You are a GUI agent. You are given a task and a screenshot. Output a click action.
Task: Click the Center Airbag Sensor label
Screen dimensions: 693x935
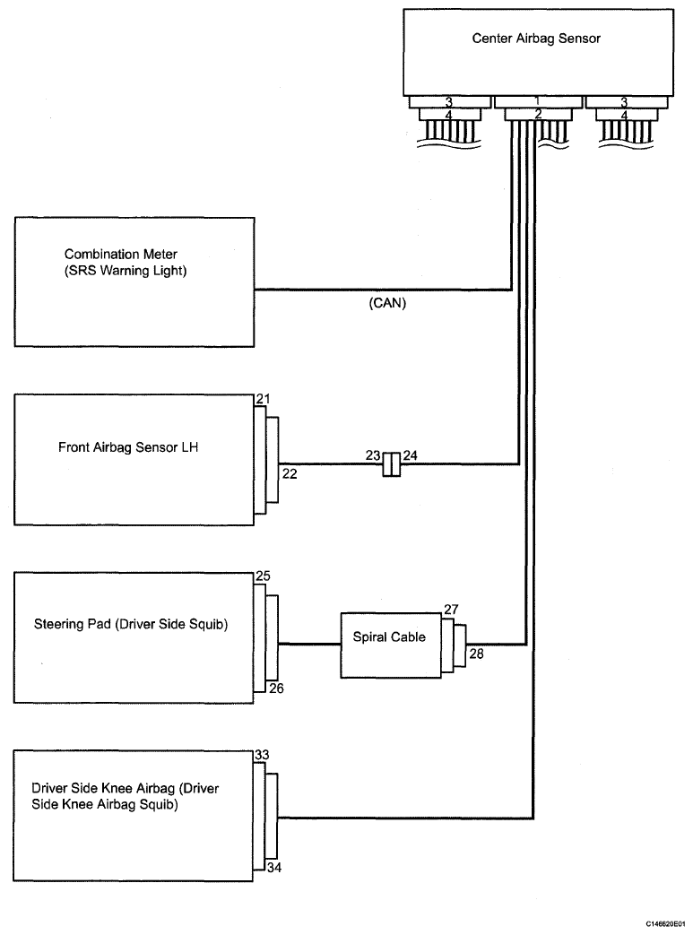[536, 39]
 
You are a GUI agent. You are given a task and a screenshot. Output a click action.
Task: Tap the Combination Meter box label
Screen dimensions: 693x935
[126, 263]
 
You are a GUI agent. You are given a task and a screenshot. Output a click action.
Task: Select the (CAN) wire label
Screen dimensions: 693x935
[387, 303]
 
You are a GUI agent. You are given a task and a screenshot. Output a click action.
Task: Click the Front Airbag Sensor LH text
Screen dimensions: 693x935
[128, 447]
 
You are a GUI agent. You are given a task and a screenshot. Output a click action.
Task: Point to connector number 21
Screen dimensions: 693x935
[263, 399]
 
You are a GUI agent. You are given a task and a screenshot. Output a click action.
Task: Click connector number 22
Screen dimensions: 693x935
[290, 473]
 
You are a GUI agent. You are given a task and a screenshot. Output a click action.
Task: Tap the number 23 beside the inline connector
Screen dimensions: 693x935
[373, 455]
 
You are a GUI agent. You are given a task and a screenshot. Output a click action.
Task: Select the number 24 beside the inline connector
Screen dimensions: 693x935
[411, 455]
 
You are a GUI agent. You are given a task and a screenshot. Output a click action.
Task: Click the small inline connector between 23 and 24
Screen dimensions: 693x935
[391, 464]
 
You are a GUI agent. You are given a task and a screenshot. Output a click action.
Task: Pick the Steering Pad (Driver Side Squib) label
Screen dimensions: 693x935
[131, 624]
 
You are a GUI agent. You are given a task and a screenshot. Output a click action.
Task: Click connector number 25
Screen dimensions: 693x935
[263, 576]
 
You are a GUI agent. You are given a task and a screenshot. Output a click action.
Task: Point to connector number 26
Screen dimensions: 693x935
[276, 688]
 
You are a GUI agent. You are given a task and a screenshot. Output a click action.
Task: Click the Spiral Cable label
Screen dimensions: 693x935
[389, 636]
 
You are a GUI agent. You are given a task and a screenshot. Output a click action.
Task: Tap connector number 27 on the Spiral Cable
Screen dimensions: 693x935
[452, 610]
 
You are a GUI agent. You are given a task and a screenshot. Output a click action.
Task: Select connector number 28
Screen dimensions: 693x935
[477, 654]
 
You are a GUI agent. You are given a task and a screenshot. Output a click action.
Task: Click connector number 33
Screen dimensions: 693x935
[263, 755]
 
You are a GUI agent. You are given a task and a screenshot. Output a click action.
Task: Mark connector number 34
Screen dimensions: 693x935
[274, 868]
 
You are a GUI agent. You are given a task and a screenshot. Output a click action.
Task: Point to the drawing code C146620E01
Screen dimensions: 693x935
[666, 923]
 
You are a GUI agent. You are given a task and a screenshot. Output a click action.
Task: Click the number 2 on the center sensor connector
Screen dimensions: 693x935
[538, 114]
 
